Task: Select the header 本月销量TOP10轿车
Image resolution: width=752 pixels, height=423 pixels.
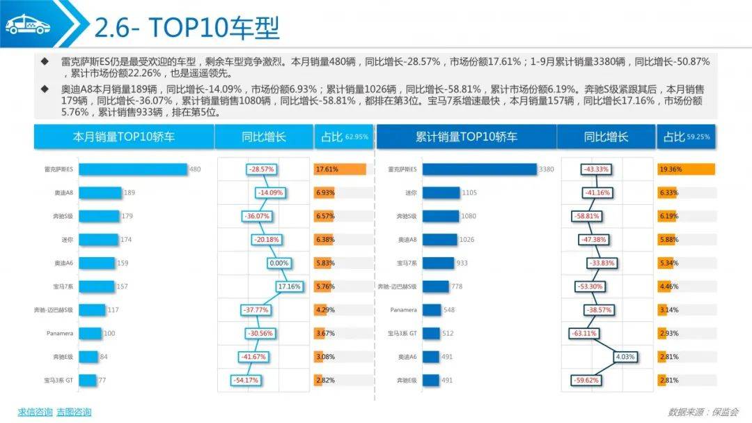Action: (x=124, y=137)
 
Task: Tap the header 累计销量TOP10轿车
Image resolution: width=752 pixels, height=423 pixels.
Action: (x=466, y=137)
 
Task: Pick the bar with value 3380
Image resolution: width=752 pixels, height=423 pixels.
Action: (x=479, y=169)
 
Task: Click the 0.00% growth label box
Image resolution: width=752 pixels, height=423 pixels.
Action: (x=279, y=263)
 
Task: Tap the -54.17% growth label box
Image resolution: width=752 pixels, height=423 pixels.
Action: (x=246, y=380)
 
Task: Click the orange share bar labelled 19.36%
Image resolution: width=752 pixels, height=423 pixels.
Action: (x=686, y=169)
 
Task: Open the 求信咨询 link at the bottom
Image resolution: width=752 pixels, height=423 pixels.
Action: (x=35, y=412)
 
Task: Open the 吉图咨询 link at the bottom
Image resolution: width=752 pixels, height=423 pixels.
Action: (x=74, y=412)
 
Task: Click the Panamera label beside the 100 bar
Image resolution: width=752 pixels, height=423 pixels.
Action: (x=61, y=333)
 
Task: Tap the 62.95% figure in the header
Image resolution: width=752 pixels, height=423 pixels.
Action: (x=356, y=137)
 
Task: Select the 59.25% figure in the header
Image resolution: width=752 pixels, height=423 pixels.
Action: (x=698, y=137)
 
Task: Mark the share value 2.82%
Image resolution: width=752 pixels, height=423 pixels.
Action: (x=325, y=380)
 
